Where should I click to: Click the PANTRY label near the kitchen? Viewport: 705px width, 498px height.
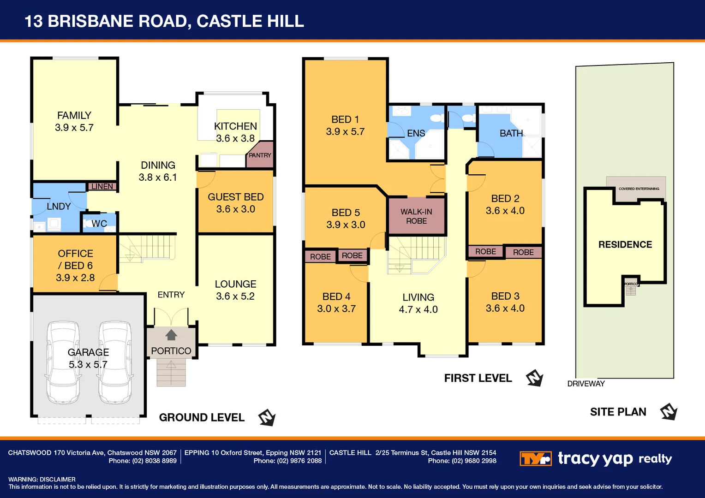coord(260,155)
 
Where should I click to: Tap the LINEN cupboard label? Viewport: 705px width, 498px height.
coord(102,186)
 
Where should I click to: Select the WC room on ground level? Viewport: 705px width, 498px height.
coord(99,224)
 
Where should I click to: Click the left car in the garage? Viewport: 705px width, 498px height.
coord(63,362)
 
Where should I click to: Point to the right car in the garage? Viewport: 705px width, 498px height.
coord(115,362)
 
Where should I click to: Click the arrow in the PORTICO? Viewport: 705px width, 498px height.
coord(171,335)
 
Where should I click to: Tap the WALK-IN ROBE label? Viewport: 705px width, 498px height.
coord(416,216)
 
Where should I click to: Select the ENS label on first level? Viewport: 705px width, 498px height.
coord(416,133)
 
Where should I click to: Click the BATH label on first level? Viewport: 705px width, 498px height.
coord(511,133)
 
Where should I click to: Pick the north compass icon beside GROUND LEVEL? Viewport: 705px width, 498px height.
coord(267,418)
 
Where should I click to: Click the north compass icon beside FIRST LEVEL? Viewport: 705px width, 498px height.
coord(534,378)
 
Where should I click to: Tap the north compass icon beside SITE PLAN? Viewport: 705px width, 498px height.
coord(668,412)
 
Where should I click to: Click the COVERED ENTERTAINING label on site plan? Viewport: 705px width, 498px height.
coord(639,189)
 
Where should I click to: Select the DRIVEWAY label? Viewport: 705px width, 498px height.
coord(586,384)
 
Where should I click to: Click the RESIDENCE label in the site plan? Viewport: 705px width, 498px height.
coord(625,245)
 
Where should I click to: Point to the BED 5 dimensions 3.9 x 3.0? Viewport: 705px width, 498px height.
coord(346,225)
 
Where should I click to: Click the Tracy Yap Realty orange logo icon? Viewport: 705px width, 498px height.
coord(535,459)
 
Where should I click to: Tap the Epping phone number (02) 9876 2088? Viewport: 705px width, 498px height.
coord(299,461)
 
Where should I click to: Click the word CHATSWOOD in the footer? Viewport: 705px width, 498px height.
coord(30,453)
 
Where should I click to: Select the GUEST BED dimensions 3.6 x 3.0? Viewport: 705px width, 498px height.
coord(235,209)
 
